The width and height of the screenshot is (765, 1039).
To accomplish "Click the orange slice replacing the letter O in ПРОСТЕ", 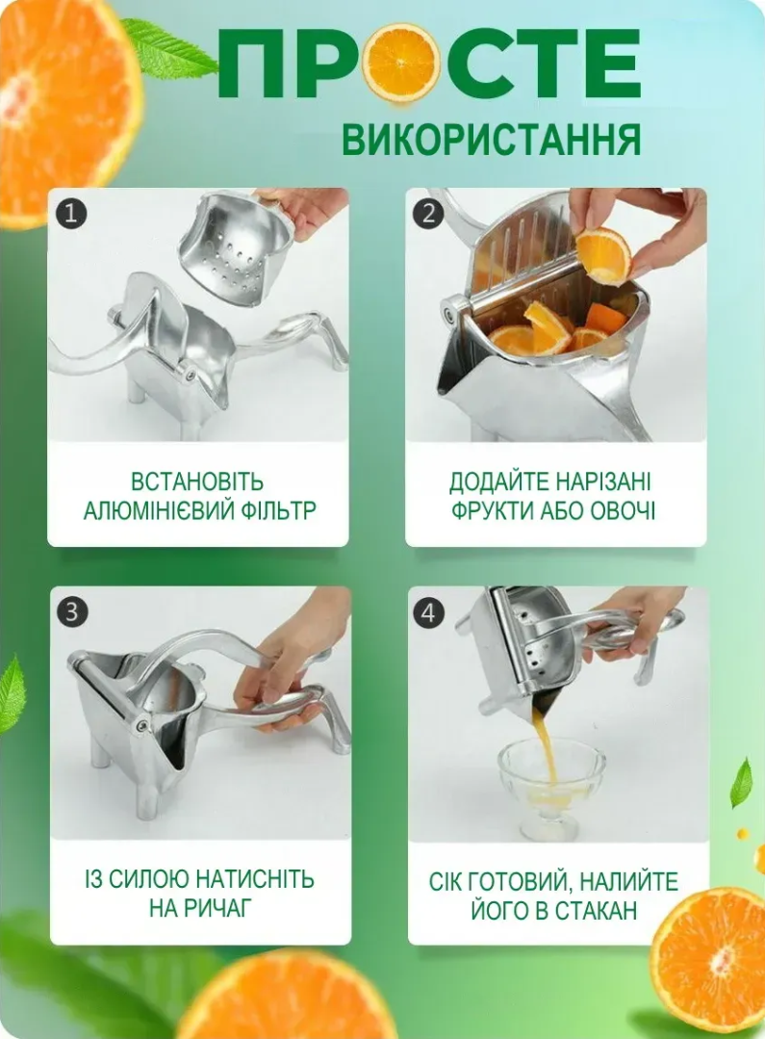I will click(x=403, y=64).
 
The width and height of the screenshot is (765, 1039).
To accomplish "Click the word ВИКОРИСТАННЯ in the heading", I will click(x=491, y=140).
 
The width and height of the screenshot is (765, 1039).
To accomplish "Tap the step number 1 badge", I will click(x=70, y=212).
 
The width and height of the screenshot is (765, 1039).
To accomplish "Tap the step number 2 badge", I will click(x=428, y=212).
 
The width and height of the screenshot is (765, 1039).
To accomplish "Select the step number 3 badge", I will click(x=72, y=610).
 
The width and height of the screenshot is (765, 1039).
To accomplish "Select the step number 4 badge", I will click(x=430, y=610).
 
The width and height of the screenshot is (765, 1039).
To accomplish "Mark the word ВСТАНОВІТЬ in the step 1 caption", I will click(x=197, y=481).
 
